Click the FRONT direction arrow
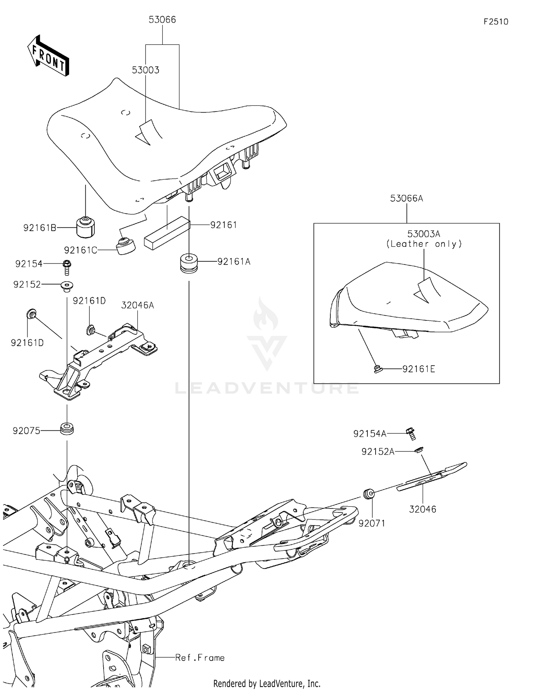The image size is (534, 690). pos(48,56)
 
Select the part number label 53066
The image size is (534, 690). pos(162,20)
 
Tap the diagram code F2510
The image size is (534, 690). pos(496,22)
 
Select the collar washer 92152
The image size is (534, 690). pos(67,285)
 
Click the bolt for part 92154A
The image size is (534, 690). pos(411,433)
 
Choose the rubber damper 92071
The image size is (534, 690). pos(369,494)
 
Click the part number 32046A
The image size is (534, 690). pos(137,305)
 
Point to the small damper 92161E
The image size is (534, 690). pos(378,369)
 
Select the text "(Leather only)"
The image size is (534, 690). pos(424,244)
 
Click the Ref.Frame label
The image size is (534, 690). pos(200,658)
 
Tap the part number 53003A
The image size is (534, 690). pos(424,234)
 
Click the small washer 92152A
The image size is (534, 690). pos(419,450)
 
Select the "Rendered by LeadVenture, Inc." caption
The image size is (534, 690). pos(267,683)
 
